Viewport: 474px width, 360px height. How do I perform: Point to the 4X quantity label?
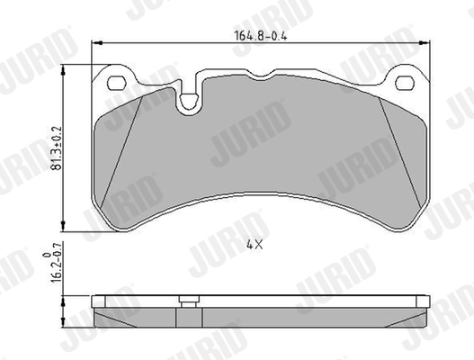(254, 244)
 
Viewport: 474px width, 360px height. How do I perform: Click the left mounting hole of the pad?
(116, 85)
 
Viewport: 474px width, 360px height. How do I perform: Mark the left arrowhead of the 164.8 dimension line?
(98, 46)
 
